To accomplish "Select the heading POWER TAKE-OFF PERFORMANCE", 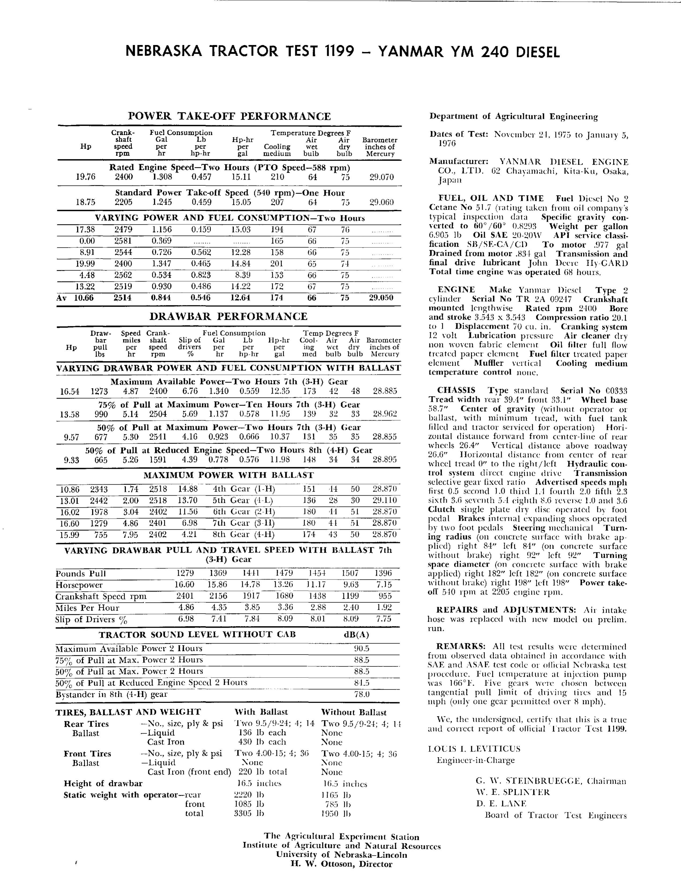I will click(229, 117).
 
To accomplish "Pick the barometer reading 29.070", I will click(381, 177).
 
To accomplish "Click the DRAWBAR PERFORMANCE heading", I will click(228, 316).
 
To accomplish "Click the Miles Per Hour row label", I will click(87, 608).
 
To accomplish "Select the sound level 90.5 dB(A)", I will click(361, 648).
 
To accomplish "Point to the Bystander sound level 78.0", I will click(361, 694).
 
